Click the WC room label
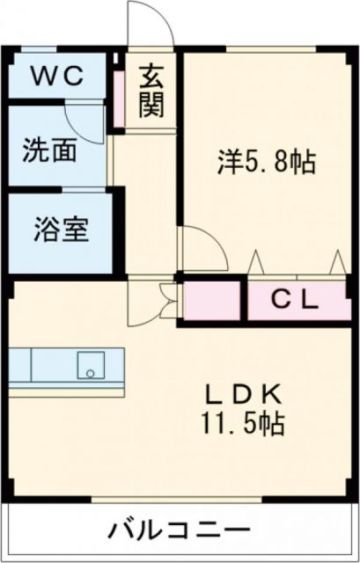click(x=58, y=77)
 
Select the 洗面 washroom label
click(x=48, y=148)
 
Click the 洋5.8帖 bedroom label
click(x=267, y=163)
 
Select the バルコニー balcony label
click(x=177, y=530)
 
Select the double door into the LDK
click(x=155, y=302)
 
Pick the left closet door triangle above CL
click(x=255, y=263)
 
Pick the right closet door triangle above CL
click(x=336, y=263)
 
